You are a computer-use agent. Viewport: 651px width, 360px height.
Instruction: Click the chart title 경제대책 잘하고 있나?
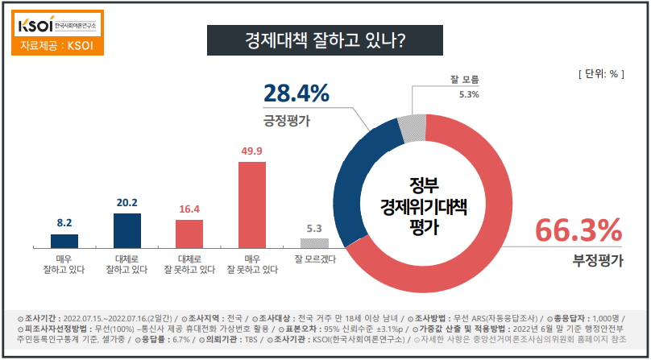(325, 39)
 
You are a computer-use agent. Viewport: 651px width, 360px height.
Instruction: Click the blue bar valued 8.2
(64, 241)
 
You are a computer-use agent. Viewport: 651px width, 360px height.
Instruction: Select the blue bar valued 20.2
(126, 230)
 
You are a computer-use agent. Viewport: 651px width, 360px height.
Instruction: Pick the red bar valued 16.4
(189, 234)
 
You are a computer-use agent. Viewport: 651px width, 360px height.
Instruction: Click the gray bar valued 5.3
(315, 242)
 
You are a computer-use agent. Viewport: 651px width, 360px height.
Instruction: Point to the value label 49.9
(252, 151)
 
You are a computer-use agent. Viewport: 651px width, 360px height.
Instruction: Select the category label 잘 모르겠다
(315, 259)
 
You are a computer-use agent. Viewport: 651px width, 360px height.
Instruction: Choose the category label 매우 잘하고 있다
(64, 264)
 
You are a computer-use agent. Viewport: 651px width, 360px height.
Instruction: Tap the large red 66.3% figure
(578, 230)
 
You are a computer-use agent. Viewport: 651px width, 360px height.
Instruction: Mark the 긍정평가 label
(288, 121)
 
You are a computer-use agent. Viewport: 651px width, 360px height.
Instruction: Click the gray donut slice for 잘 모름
(412, 127)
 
